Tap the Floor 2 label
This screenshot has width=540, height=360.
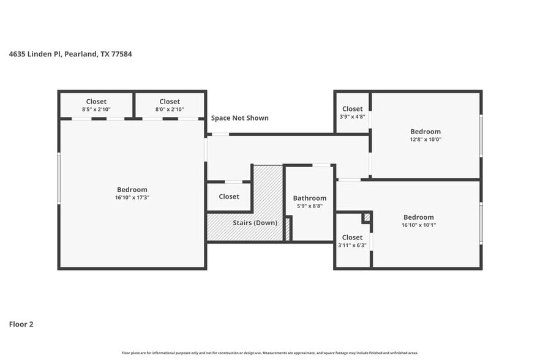tap(21, 324)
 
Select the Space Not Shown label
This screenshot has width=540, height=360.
tap(239, 118)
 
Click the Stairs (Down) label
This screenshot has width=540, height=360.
tap(255, 222)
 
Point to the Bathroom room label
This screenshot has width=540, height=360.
tap(309, 198)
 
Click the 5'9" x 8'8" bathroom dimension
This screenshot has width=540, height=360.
tap(309, 206)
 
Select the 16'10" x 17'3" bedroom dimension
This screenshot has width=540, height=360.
tap(132, 198)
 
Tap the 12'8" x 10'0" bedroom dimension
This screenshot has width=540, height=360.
tap(425, 140)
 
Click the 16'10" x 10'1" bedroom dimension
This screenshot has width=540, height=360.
tap(419, 225)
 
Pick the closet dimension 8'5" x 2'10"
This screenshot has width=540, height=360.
tap(96, 110)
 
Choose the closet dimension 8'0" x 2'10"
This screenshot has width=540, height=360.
tap(170, 110)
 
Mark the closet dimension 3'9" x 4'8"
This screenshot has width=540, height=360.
tap(352, 116)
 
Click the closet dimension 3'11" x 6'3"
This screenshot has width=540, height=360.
tap(352, 246)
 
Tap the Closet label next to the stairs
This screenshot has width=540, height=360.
tap(229, 197)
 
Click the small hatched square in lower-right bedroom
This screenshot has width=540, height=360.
tap(367, 217)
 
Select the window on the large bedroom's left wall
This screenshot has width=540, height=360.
tap(59, 178)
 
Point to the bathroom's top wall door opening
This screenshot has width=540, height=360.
tap(321, 165)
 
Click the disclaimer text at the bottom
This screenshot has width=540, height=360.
tap(269, 353)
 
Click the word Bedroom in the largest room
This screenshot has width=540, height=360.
tap(132, 190)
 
